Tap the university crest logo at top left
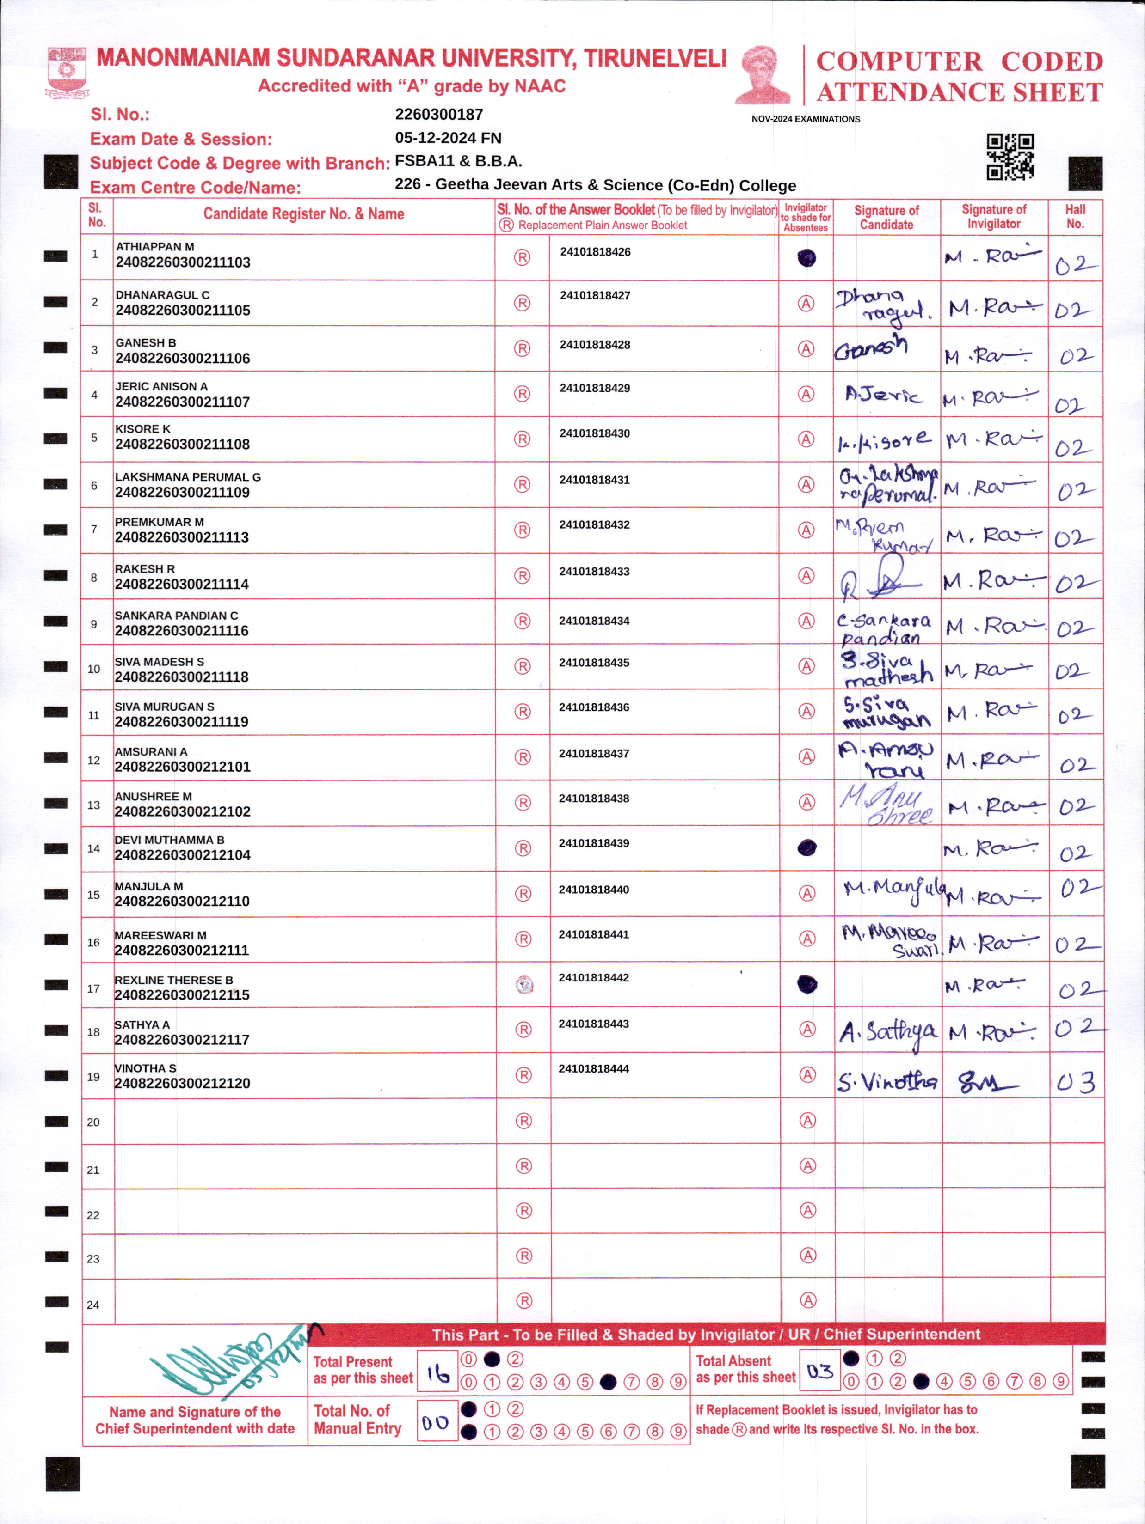(67, 71)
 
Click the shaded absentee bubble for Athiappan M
(806, 258)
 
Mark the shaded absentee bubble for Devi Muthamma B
(806, 848)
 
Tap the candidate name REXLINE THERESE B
(174, 980)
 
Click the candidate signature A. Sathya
(888, 1032)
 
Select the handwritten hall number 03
(1075, 1083)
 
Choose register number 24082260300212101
(182, 767)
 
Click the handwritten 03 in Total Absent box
(819, 1371)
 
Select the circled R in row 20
(524, 1121)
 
